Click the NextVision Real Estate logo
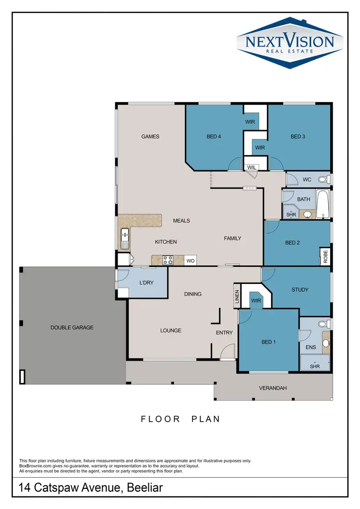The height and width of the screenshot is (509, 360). pyautogui.click(x=289, y=42)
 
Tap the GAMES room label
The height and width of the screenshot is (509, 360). pyautogui.click(x=150, y=137)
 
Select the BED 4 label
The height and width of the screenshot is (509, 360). pyautogui.click(x=214, y=137)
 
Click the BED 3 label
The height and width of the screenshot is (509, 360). pyautogui.click(x=298, y=137)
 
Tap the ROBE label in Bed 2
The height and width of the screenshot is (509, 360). pyautogui.click(x=325, y=257)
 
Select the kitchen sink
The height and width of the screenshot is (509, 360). pyautogui.click(x=125, y=238)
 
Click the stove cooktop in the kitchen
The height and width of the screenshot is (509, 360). pyautogui.click(x=168, y=260)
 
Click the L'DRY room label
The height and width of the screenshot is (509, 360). pyautogui.click(x=146, y=283)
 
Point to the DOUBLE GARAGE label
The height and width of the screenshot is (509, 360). pyautogui.click(x=72, y=328)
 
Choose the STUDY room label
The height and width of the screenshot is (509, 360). pyautogui.click(x=300, y=290)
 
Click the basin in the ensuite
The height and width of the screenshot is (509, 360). pyautogui.click(x=326, y=343)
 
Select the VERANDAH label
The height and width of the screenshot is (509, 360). pyautogui.click(x=273, y=388)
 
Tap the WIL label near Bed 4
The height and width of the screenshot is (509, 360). pyautogui.click(x=252, y=167)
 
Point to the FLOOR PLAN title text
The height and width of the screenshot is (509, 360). pyautogui.click(x=180, y=419)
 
